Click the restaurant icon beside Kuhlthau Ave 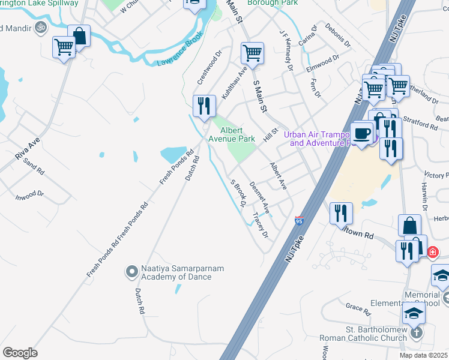click(204, 106)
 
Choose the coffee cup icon click(362, 133)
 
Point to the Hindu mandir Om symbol click(41, 27)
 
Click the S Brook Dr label click(239, 193)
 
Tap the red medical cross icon click(433, 251)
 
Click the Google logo click(20, 352)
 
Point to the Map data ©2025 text click(424, 355)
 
